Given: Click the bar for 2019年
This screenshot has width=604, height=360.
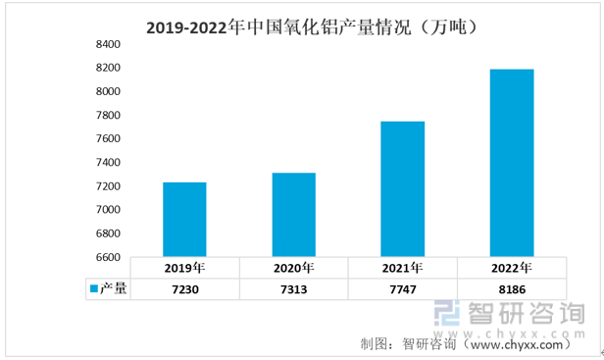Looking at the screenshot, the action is [184, 220].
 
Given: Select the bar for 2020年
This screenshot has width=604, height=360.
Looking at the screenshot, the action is [294, 215].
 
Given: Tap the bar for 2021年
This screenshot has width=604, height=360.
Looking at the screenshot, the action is [403, 189].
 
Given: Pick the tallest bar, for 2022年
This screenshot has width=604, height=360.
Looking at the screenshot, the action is [512, 163].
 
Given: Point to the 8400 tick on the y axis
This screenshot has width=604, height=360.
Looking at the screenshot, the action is [108, 44].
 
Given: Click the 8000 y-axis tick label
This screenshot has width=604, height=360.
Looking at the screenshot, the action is [108, 91].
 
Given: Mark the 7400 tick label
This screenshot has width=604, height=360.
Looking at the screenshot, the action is [108, 162].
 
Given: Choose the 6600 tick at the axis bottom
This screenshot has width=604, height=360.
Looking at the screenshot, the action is [108, 257].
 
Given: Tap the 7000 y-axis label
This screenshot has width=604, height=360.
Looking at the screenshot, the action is [108, 210].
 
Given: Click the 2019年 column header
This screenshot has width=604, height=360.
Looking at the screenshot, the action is [185, 268].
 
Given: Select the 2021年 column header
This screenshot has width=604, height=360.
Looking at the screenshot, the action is [403, 268].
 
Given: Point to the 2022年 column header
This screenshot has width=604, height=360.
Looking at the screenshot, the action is [512, 268].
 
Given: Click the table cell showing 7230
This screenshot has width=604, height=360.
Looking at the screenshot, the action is [185, 289].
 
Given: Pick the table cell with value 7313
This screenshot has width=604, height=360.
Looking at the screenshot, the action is [294, 289].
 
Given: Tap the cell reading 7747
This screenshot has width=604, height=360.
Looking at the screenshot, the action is [403, 289].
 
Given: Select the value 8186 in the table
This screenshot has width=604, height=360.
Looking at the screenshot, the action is [512, 289].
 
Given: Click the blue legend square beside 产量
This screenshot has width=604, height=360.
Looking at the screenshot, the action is [93, 288].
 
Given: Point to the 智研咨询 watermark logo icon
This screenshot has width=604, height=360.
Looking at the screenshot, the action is [447, 313].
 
